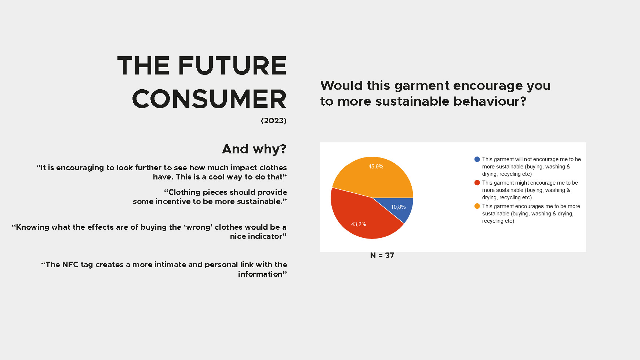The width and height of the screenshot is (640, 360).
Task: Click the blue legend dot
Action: pos(477,159)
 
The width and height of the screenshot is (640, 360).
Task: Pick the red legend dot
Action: pos(477,183)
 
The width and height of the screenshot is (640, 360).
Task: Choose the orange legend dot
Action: pos(477,206)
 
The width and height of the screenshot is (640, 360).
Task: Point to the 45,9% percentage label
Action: pos(376,167)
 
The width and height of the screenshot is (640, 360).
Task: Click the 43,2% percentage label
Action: pos(359,224)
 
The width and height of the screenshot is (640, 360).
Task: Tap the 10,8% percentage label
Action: pos(398,207)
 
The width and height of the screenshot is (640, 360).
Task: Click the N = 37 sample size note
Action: pos(382,255)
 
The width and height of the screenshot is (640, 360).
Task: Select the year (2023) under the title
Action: pos(274,121)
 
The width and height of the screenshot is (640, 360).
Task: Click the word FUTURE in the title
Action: pos(232,66)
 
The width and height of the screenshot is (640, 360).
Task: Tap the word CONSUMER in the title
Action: pos(209,99)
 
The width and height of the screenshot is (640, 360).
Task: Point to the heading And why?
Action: pos(254,149)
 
